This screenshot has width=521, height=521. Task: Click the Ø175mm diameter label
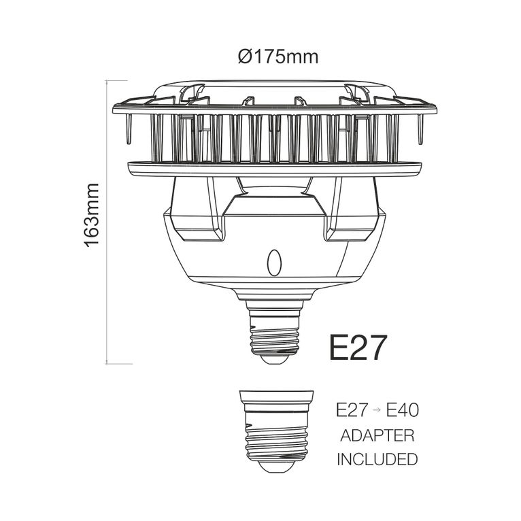(278, 56)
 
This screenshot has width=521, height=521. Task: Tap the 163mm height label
(93, 215)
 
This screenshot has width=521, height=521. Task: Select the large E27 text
(358, 347)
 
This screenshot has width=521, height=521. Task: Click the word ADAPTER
(377, 435)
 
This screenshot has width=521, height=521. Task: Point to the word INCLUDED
(377, 460)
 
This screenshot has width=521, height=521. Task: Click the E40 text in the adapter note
(403, 410)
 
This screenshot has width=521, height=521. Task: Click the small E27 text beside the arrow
(352, 410)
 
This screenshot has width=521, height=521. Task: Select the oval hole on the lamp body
(274, 263)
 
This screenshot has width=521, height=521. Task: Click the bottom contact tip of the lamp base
(274, 360)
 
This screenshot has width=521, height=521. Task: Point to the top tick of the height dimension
(118, 80)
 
